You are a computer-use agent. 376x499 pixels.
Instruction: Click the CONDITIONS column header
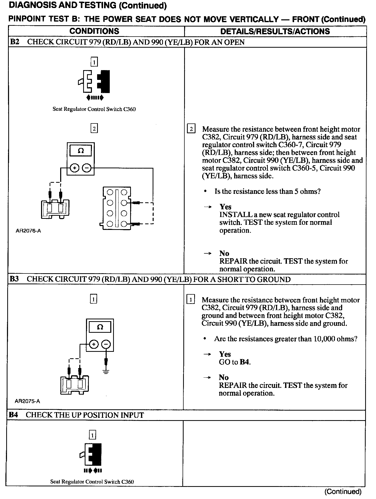point(94,31)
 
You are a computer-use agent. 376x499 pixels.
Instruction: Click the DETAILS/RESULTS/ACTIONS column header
point(275,31)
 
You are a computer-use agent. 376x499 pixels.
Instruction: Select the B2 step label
point(15,42)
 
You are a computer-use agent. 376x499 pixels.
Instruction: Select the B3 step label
point(15,279)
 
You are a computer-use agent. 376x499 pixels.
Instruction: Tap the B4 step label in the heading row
point(14,415)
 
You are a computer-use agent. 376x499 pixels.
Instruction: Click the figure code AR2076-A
point(28,231)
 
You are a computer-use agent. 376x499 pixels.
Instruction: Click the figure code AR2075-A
point(27,401)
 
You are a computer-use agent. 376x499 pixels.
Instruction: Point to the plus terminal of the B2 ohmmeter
point(75,168)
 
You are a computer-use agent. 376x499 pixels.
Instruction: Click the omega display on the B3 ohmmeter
point(100,327)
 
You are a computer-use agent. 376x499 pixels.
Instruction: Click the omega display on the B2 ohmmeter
point(81,151)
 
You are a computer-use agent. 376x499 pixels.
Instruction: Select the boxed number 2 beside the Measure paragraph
point(191,128)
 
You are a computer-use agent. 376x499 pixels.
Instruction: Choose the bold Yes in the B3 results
point(225,354)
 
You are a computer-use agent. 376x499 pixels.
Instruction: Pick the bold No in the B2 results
point(224,253)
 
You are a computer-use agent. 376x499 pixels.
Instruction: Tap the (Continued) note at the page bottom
point(343,492)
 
